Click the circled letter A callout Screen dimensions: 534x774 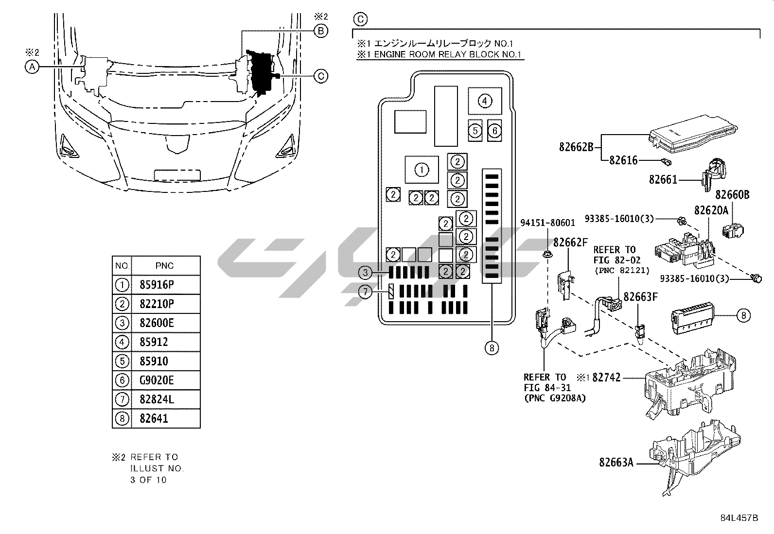coord(32,67)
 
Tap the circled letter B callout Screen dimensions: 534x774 coord(321,31)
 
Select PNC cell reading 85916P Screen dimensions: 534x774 coord(157,285)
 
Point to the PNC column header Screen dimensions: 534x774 coord(164,266)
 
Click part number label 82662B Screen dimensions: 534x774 coord(576,146)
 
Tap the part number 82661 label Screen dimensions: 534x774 coord(663,180)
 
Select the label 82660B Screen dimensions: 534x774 coord(732,195)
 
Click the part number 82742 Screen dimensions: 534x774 coord(607,377)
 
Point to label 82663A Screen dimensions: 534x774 coord(616,463)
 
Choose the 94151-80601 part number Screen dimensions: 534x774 coord(547,223)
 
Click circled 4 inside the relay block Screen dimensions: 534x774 coord(485,101)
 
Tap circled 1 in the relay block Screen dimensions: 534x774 coord(422,170)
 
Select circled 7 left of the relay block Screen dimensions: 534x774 coord(365,292)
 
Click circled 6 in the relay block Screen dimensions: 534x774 coord(494,130)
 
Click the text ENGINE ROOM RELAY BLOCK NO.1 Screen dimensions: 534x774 coord(444,54)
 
